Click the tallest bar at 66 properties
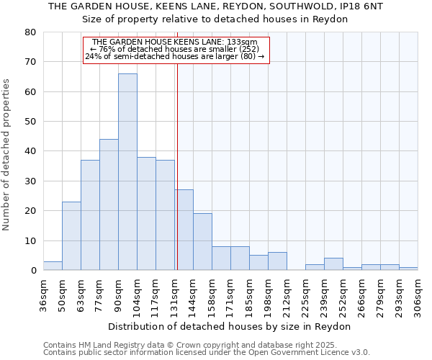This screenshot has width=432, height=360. click(x=127, y=172)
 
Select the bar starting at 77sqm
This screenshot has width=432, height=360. click(x=109, y=204)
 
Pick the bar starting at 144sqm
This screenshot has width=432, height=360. click(x=202, y=242)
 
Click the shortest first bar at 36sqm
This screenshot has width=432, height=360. click(x=53, y=266)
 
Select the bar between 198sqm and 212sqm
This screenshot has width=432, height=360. click(x=277, y=261)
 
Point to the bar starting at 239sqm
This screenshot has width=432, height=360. click(x=333, y=264)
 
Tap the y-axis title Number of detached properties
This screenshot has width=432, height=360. click(x=7, y=151)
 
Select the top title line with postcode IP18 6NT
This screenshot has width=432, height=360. click(x=215, y=6)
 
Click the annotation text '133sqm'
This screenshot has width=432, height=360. click(x=241, y=42)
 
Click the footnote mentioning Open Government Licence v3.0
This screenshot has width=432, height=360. click(x=207, y=353)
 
